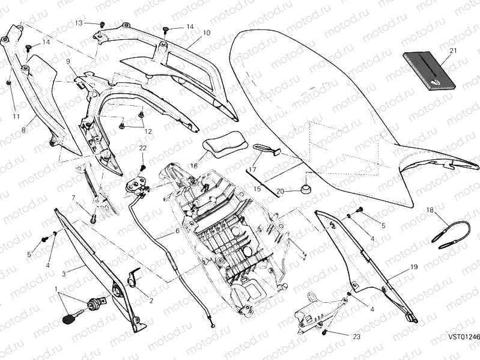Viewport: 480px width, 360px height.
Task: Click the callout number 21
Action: (x=452, y=50)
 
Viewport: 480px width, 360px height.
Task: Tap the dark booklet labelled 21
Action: (x=426, y=69)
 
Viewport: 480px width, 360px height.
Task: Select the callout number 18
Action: (x=430, y=210)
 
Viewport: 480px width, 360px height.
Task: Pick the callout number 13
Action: (x=79, y=22)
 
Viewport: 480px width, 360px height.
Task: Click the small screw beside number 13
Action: (x=102, y=24)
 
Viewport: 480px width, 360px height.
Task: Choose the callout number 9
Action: (x=68, y=61)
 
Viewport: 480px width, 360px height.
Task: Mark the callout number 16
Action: (x=194, y=165)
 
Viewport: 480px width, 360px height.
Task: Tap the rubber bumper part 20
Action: (x=305, y=189)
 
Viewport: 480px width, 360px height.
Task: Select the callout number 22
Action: (x=143, y=148)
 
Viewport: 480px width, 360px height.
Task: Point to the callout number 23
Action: (x=356, y=338)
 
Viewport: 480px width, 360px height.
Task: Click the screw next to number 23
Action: (x=325, y=332)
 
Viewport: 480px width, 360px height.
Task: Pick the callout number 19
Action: (x=414, y=266)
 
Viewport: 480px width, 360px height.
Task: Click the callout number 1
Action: (x=56, y=289)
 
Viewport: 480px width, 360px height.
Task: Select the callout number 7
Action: (x=74, y=197)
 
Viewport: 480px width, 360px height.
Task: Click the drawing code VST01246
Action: (x=463, y=338)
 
